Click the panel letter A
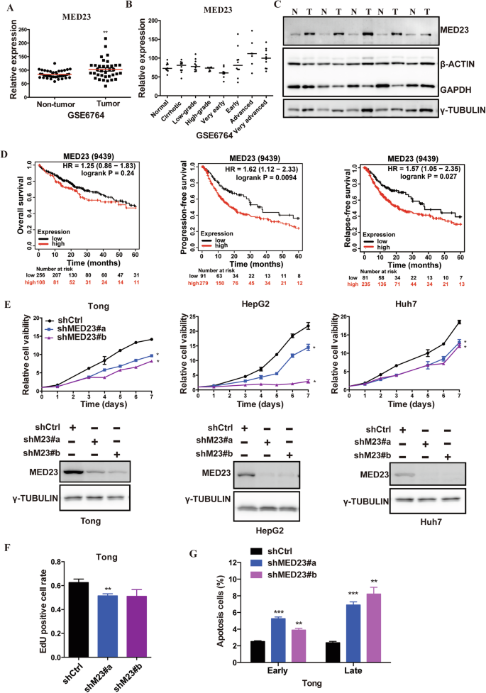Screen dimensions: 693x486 pyautogui.click(x=9, y=7)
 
